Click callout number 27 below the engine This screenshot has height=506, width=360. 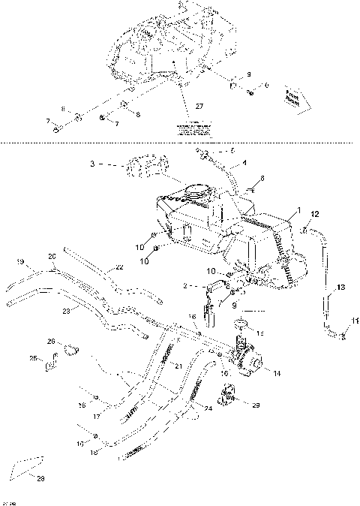click(x=199, y=106)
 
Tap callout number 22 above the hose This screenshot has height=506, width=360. click(x=119, y=268)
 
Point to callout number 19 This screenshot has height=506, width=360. click(x=20, y=262)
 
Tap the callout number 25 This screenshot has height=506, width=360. click(x=32, y=358)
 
